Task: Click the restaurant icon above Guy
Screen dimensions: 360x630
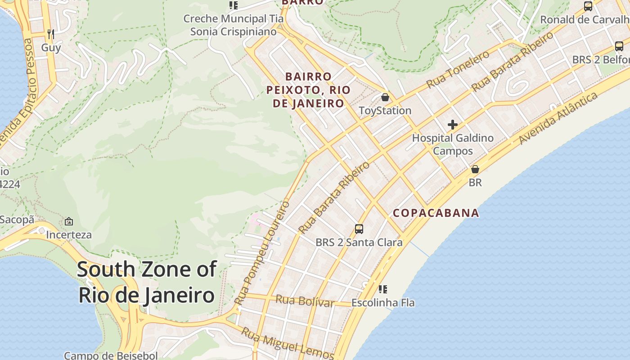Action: pos(50,34)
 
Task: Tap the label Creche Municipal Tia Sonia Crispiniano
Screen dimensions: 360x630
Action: pos(233,25)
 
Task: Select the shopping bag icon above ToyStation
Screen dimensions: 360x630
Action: pos(385,97)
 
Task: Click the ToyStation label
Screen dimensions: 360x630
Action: pos(385,111)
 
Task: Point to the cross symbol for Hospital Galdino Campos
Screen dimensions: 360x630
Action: pos(453,125)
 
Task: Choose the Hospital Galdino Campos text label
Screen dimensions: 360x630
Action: pos(453,144)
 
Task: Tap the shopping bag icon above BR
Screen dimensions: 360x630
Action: pos(475,169)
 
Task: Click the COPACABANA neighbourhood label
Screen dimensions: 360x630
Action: pos(436,213)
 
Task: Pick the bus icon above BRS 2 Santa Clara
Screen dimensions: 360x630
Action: pos(359,229)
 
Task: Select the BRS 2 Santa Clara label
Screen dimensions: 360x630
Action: pos(359,243)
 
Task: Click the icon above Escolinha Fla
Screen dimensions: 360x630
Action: pos(383,289)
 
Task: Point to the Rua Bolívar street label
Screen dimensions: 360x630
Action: pos(305,301)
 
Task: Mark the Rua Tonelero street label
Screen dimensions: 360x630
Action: pos(458,69)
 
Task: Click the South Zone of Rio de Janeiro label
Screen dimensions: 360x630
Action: pos(147,283)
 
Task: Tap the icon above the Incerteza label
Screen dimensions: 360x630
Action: pos(69,221)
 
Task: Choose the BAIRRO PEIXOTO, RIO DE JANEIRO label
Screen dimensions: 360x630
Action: pos(308,90)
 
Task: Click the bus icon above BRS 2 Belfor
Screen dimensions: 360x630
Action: pos(619,46)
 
